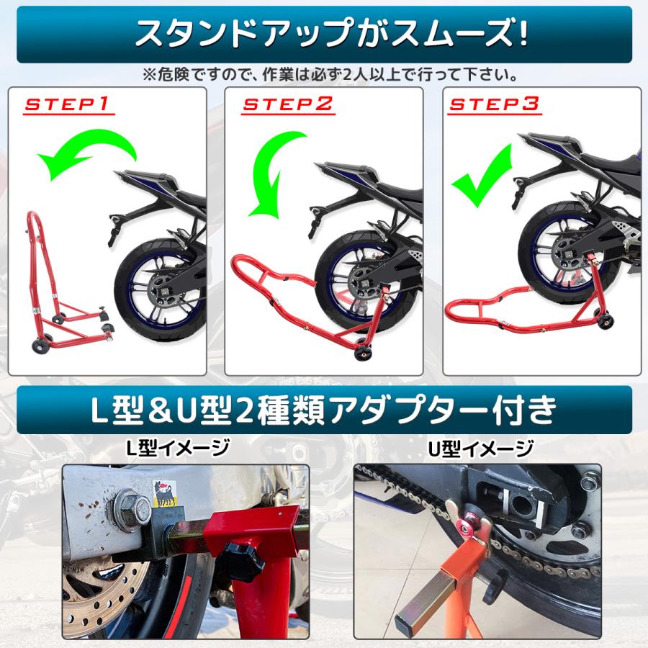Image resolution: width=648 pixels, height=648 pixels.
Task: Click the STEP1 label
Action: pos(68,105)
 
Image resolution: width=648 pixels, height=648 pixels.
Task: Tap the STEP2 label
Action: pos(287,105)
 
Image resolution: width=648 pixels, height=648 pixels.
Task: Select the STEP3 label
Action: pos(494,105)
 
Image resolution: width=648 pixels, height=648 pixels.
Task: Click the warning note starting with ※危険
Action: pos(323,74)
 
